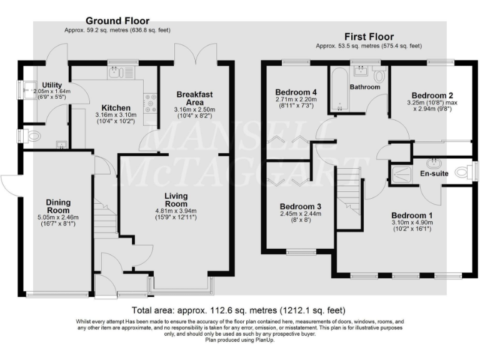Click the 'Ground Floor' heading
point(117,21)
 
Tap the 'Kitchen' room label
point(116,107)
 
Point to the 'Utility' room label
point(52,85)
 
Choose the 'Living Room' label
point(176,200)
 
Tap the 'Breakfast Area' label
point(194,98)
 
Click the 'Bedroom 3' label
point(301,206)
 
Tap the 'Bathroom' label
point(364,87)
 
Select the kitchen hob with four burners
point(150,102)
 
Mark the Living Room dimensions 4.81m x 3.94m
point(176,212)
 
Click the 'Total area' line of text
point(239,310)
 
